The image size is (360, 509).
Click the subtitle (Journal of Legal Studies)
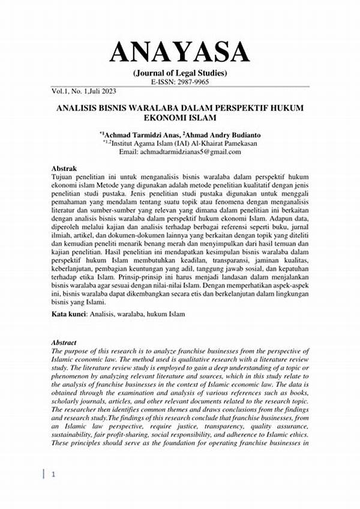click(179, 74)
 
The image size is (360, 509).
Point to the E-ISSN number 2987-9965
click(194, 82)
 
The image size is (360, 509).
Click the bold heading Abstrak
click(64, 170)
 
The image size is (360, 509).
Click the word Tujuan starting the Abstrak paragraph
click(65, 178)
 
